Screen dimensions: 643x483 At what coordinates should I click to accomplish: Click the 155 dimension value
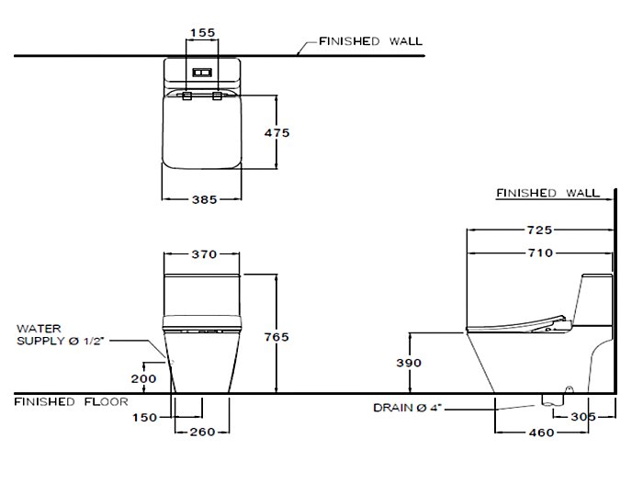coord(203,32)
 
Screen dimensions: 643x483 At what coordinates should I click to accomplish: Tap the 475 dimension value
coord(276,133)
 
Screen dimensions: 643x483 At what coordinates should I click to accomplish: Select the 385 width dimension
coord(204,199)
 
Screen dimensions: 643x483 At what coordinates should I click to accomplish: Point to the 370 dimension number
coord(204,254)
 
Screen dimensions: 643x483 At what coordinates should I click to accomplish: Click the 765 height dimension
coord(276,337)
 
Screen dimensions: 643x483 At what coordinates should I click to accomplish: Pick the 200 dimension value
coord(143,378)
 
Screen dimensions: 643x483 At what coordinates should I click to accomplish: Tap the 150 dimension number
coord(145,418)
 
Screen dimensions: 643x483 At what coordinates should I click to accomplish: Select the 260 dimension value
coord(203,432)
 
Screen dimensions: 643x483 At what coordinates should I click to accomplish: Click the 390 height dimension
coord(409,363)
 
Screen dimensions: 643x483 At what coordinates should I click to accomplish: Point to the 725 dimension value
coord(540,230)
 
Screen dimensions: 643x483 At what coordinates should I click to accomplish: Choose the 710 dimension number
coord(540,253)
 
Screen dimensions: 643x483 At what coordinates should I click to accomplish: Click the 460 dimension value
coord(541,432)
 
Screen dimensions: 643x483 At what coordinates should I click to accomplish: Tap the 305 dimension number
coord(583,417)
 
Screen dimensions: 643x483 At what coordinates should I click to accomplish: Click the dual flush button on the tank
coord(202,73)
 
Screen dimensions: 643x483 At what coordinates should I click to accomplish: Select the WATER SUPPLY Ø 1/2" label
coord(61,335)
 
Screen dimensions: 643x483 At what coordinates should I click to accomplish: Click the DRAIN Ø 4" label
coord(408,408)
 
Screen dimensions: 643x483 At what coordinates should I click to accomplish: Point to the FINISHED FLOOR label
coord(72,402)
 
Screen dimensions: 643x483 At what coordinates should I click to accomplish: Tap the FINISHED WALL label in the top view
coord(371,41)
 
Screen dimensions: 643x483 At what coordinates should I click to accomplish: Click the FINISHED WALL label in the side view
coord(547,193)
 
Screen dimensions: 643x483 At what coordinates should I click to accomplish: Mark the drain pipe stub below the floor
coord(553,400)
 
